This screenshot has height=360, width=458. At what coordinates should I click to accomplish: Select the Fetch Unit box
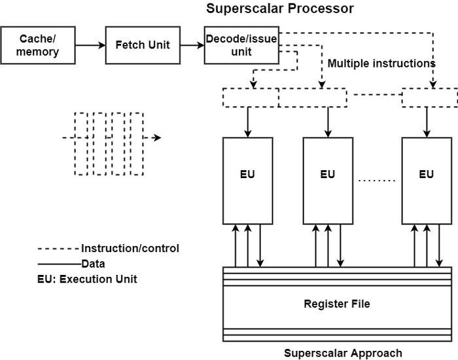142,45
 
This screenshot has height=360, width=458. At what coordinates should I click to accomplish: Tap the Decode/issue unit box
241,45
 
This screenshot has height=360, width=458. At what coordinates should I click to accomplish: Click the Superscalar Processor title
280,9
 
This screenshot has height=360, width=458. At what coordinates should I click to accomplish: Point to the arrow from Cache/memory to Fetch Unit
90,45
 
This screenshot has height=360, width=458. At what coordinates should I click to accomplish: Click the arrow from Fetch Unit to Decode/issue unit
192,45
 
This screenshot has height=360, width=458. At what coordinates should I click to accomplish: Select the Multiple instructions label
381,64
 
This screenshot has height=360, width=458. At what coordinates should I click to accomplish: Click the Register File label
337,304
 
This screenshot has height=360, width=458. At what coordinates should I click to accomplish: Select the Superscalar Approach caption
343,353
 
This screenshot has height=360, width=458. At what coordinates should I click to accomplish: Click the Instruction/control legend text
130,249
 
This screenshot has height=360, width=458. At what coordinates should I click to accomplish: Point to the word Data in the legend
93,264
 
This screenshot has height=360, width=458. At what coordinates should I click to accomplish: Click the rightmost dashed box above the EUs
429,98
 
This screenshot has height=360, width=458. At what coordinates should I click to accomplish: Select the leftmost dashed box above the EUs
251,98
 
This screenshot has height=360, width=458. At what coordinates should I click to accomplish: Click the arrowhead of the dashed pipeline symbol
157,138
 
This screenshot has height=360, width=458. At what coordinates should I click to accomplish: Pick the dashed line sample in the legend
59,249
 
